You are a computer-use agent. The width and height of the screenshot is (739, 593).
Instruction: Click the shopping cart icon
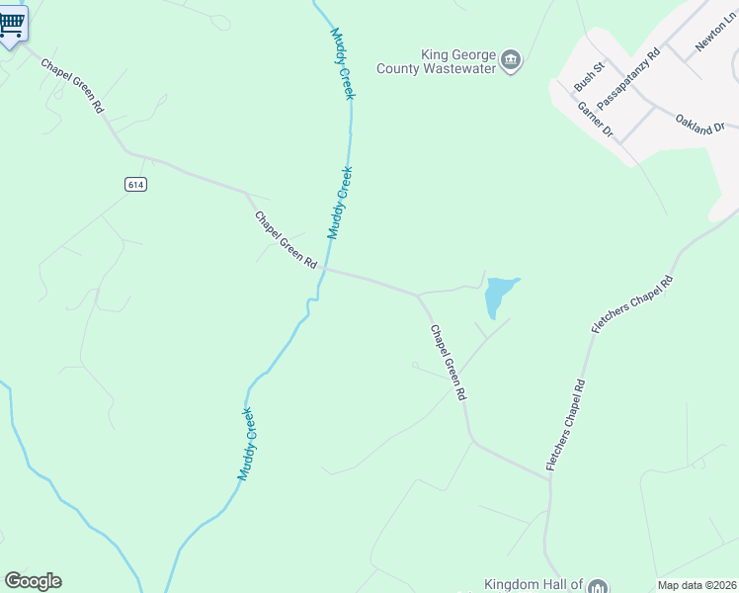click(x=11, y=23)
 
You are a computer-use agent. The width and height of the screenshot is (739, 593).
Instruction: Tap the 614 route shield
click(x=136, y=184)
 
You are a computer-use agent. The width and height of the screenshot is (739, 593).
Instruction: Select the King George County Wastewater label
click(x=435, y=61)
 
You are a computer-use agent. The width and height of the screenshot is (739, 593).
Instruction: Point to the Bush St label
click(x=589, y=76)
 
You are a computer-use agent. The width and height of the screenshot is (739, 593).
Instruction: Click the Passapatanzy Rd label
click(x=628, y=73)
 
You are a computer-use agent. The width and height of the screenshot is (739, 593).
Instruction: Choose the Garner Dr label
click(x=596, y=120)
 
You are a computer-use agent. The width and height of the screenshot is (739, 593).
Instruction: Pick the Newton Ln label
click(x=712, y=37)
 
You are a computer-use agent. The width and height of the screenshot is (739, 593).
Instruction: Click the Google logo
click(x=33, y=581)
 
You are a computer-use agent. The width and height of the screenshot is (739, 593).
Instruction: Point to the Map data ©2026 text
click(x=697, y=585)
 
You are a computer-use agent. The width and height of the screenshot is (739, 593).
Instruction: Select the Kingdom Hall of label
click(x=534, y=585)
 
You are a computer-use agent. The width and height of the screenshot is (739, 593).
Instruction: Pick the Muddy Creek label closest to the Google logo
click(x=247, y=444)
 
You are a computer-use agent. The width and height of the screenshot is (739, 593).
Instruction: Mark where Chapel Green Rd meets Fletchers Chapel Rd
click(x=549, y=480)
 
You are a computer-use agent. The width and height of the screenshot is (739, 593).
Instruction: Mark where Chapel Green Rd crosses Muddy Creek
click(x=321, y=268)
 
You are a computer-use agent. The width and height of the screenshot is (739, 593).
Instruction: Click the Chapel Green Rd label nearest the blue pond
click(x=447, y=362)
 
